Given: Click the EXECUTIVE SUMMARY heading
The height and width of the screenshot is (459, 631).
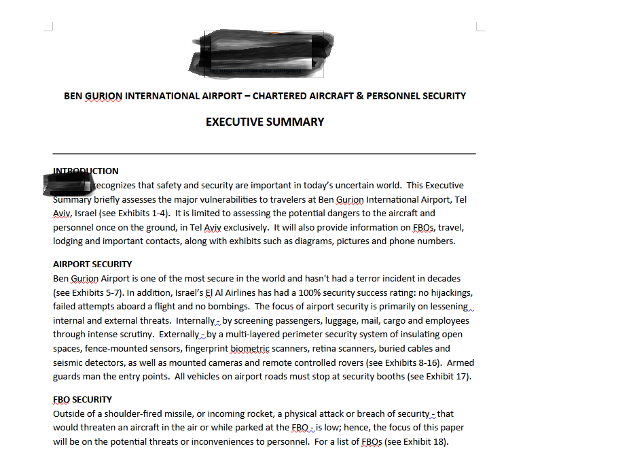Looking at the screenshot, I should [x=265, y=122].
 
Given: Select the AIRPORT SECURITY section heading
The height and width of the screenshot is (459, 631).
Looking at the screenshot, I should [x=92, y=264].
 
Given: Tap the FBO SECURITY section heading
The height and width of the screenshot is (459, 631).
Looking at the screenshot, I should [x=82, y=399].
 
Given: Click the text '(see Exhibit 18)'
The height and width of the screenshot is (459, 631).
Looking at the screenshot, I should [x=416, y=441].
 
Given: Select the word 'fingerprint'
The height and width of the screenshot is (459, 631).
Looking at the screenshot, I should [x=205, y=349].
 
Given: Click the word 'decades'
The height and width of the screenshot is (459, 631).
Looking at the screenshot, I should [x=443, y=278].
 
